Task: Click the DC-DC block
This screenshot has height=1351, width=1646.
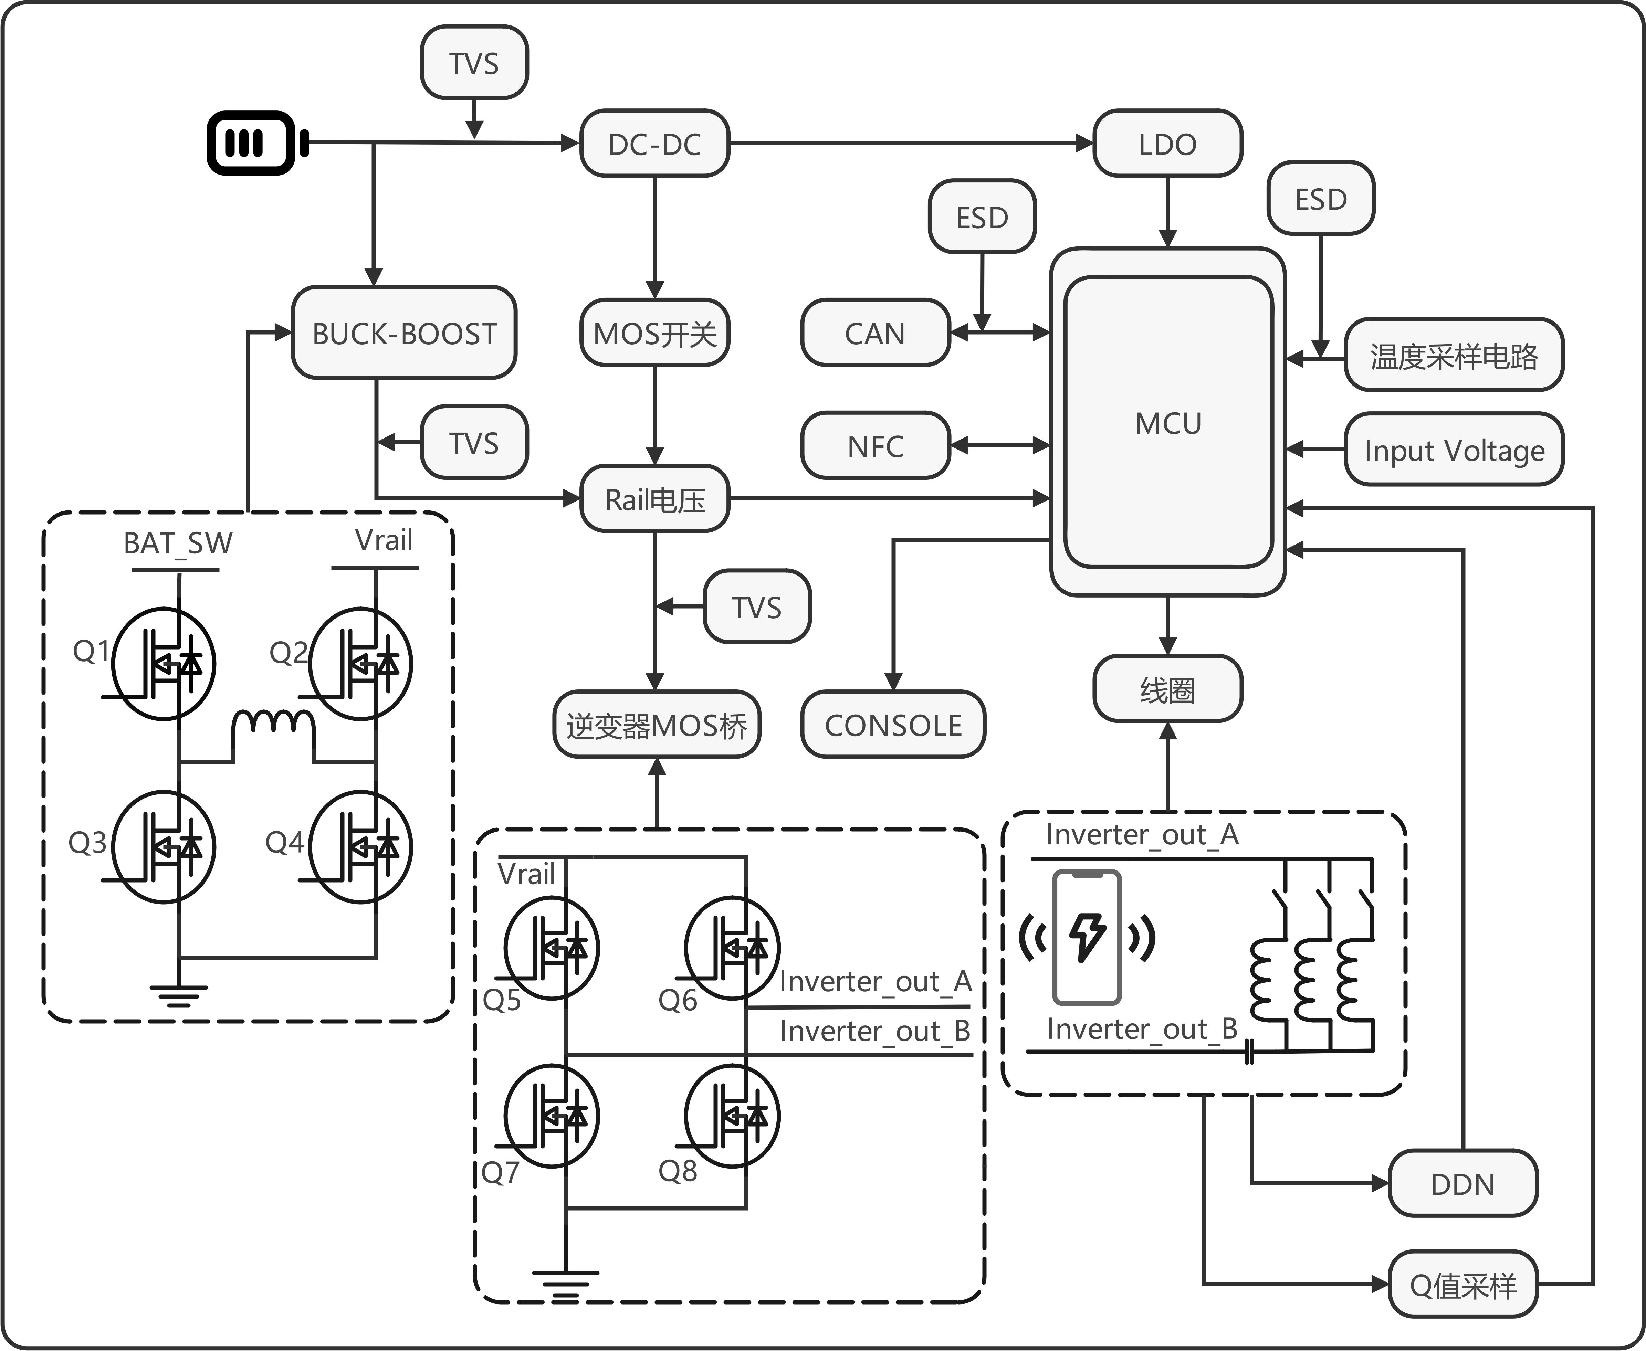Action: pos(654,144)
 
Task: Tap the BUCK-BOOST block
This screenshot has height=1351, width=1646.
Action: pos(404,333)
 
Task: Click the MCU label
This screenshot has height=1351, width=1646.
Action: pos(1167,423)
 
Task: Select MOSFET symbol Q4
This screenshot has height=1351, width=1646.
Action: pos(360,847)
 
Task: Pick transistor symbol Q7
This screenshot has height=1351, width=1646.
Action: pos(552,1116)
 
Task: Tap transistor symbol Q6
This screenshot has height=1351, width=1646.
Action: pos(732,948)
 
